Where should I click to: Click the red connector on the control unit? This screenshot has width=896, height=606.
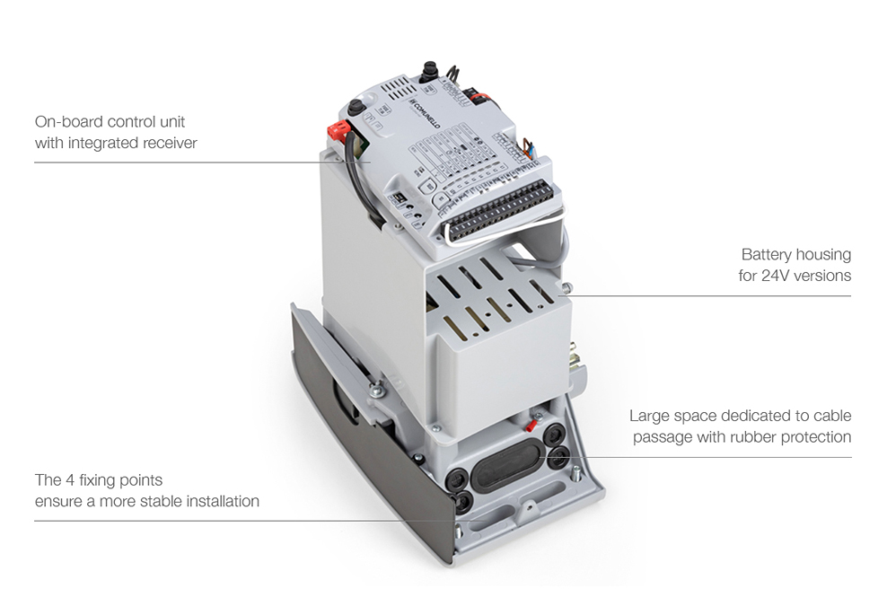coord(338,131)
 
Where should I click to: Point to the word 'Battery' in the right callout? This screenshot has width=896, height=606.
coord(764,254)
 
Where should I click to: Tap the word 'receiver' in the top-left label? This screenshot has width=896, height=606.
coord(169,143)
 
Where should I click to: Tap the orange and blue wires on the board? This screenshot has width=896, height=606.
coord(527,150)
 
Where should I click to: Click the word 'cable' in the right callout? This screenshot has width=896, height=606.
coord(832,416)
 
